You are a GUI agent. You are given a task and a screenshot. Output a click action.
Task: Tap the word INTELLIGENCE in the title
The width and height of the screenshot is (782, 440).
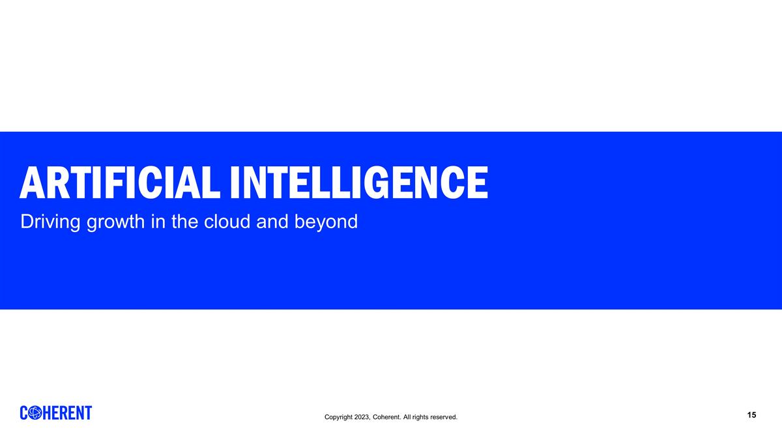pos(358,182)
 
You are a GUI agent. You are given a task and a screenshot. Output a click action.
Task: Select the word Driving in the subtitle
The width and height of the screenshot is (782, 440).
pos(50,222)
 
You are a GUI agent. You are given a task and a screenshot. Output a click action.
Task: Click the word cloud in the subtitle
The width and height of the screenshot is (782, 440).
pos(227,222)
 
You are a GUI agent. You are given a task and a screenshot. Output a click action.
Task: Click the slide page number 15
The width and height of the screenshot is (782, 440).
pos(752,415)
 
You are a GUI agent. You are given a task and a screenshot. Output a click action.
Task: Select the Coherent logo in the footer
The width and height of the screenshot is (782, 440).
pos(56,413)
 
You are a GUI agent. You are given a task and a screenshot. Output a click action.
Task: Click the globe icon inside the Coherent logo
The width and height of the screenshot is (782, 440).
pos(36,413)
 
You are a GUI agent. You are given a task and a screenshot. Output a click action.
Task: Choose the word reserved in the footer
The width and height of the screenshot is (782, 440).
pos(443,417)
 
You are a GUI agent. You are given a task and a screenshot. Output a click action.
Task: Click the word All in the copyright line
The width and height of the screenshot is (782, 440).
pos(407,417)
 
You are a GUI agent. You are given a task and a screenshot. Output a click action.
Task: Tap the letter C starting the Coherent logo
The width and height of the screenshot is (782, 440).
pos(25,413)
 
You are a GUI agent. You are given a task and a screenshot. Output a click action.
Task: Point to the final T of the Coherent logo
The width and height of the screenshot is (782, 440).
pos(88,413)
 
